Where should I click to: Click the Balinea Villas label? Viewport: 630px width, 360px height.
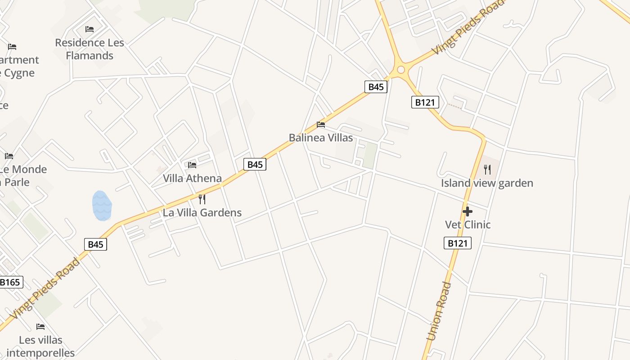click(321, 138)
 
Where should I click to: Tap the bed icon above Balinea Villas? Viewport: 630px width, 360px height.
click(321, 125)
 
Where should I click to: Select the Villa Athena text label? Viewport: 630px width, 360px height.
click(192, 179)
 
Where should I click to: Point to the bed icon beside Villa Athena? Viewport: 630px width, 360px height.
click(192, 165)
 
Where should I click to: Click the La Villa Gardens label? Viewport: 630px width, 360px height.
click(202, 213)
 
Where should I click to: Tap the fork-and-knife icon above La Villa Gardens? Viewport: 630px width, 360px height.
click(202, 199)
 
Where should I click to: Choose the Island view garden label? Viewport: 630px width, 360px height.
click(487, 183)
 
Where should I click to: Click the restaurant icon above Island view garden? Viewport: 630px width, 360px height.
click(487, 170)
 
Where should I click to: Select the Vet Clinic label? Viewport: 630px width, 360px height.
click(468, 225)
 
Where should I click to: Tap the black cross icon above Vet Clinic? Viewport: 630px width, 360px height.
click(468, 211)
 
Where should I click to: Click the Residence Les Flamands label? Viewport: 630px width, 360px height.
click(90, 49)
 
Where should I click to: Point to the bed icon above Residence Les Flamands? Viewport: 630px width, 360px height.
click(90, 29)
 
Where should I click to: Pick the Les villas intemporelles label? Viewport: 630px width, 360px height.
click(40, 346)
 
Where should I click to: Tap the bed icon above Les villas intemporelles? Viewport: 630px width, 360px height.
click(40, 327)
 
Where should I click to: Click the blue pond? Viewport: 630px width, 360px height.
click(102, 206)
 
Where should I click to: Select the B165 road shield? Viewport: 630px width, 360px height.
click(10, 282)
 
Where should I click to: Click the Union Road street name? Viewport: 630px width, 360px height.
click(438, 311)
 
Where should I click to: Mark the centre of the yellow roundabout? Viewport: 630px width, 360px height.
click(401, 70)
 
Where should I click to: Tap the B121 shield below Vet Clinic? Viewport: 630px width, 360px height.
click(458, 243)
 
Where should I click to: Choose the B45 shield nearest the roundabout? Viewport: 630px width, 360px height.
click(376, 87)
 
